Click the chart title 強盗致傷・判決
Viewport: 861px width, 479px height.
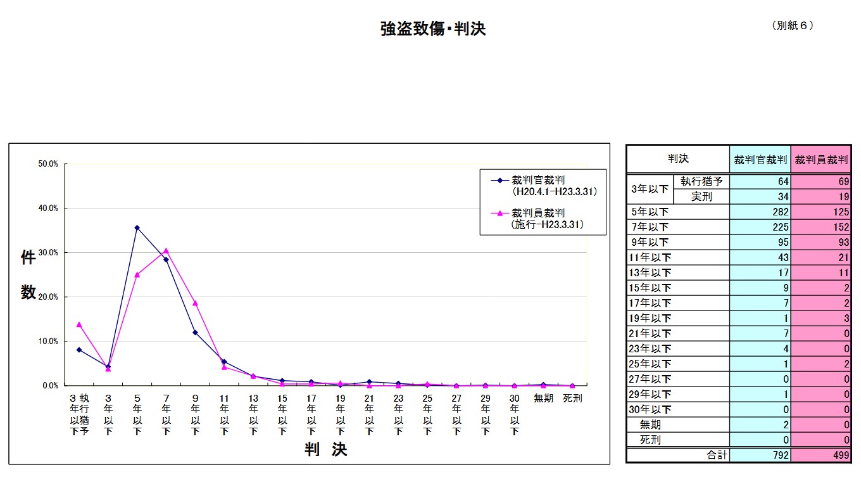tap(433, 29)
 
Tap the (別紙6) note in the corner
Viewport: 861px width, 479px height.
tap(792, 25)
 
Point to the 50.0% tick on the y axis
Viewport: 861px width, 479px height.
tap(48, 164)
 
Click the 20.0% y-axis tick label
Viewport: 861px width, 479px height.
tap(48, 297)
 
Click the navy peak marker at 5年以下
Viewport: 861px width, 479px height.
tap(137, 227)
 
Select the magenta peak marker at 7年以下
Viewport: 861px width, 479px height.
tap(166, 250)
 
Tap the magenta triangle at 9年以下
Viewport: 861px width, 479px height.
tap(195, 303)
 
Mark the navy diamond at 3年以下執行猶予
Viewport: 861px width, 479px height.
tap(79, 350)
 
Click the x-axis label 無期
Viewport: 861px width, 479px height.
tap(544, 399)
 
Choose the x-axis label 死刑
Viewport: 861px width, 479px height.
tap(572, 399)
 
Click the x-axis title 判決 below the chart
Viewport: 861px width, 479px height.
tap(326, 450)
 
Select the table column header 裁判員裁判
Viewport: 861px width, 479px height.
tap(821, 160)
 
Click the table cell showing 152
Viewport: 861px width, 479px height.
tap(820, 227)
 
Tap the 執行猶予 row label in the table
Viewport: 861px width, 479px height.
tap(701, 181)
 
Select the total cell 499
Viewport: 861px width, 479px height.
tap(820, 455)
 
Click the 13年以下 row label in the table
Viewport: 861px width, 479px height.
tap(650, 272)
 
